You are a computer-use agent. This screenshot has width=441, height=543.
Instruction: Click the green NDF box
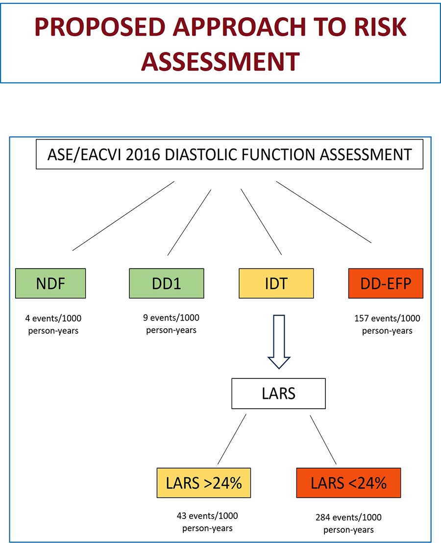point(50,283)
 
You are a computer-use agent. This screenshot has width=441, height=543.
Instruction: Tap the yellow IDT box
point(276,283)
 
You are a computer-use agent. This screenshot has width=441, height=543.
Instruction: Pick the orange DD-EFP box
point(386,283)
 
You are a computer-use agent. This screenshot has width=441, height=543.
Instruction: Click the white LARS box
point(279,393)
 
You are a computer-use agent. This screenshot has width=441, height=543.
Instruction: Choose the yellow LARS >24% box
point(208,483)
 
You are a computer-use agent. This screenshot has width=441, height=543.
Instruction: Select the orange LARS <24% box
point(348,483)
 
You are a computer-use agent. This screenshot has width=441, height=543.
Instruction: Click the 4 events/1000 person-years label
point(52,324)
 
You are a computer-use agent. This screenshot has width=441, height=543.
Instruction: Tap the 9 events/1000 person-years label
point(171,323)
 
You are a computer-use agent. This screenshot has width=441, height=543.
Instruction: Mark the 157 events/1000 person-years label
point(387,324)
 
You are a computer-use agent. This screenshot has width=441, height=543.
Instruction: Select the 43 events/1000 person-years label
point(207,521)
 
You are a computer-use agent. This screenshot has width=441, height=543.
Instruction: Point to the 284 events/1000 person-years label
point(349,523)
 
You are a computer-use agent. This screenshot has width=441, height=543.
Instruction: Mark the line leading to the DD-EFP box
point(323,212)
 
